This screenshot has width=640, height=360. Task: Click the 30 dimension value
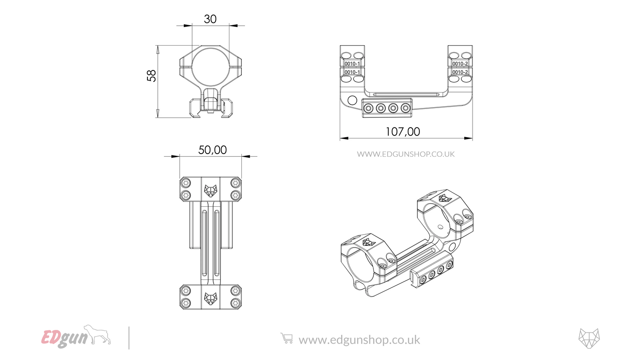pos(210,19)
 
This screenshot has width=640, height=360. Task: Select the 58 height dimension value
pos(152,76)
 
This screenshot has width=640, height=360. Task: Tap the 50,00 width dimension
pos(212,150)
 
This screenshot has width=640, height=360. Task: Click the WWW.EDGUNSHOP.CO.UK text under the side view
pos(406,154)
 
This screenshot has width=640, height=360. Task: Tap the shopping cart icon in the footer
pos(287,339)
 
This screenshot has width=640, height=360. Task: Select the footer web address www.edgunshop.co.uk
pos(359,340)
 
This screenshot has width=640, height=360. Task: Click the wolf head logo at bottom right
pos(589,338)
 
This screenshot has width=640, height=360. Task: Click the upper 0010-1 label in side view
pos(352,64)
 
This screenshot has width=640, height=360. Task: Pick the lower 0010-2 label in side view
pos(460,72)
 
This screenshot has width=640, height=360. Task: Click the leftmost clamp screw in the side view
pos(368,108)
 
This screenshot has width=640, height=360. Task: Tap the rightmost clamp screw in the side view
pos(405,108)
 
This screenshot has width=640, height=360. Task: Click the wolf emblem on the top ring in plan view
pos(210,190)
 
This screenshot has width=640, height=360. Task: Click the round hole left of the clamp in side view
pos(352,100)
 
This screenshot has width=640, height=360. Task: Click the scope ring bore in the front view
pos(210,66)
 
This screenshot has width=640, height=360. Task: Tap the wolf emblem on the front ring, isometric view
pos(367,242)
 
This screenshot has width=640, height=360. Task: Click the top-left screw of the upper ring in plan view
pos(186,183)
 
